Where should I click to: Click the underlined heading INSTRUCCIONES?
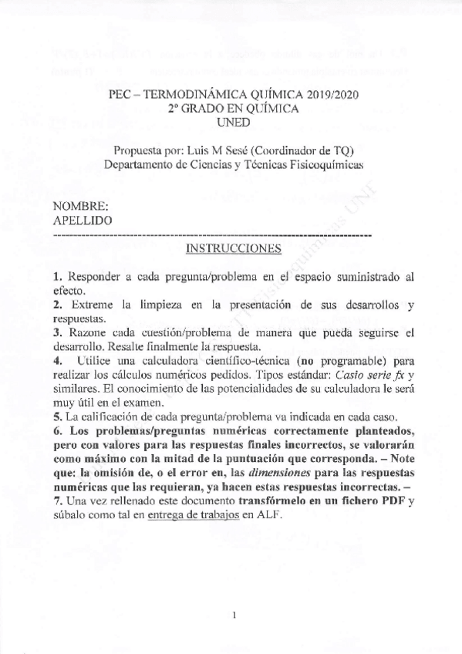click(234, 249)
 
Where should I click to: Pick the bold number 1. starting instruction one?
click(58, 275)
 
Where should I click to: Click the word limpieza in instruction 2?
click(158, 305)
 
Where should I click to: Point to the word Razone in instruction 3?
click(85, 333)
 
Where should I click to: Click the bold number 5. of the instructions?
click(58, 416)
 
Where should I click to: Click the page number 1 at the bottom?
click(232, 615)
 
